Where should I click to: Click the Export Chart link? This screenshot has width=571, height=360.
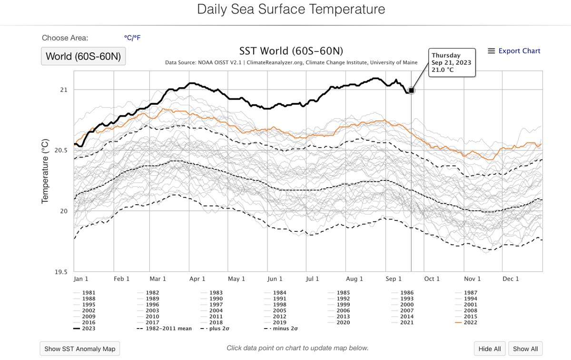tap(514, 51)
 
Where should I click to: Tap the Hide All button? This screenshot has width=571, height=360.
tap(490, 349)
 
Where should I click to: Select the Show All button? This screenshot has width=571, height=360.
tap(525, 349)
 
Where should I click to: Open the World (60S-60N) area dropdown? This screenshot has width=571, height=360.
tap(83, 56)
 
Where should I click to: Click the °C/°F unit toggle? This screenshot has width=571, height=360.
tap(132, 38)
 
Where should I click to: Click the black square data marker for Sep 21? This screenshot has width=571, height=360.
tap(411, 90)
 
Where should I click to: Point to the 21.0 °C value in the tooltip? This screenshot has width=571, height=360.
tap(443, 70)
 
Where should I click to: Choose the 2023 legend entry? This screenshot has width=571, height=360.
tap(84, 329)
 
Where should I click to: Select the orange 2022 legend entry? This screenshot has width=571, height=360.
tap(466, 322)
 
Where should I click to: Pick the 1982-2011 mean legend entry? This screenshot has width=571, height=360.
tap(164, 329)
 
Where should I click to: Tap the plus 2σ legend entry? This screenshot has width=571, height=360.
tap(215, 329)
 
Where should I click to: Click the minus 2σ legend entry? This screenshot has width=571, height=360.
tap(281, 329)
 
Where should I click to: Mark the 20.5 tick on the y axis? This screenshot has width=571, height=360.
tap(61, 150)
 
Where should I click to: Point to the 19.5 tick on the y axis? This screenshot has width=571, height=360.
tap(61, 272)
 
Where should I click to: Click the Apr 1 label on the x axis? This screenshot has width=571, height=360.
tap(197, 279)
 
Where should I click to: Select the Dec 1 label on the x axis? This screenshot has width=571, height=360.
tap(511, 279)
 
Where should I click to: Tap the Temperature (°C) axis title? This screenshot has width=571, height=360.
tap(45, 171)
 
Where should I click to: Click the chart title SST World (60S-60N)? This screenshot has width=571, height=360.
tap(291, 51)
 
